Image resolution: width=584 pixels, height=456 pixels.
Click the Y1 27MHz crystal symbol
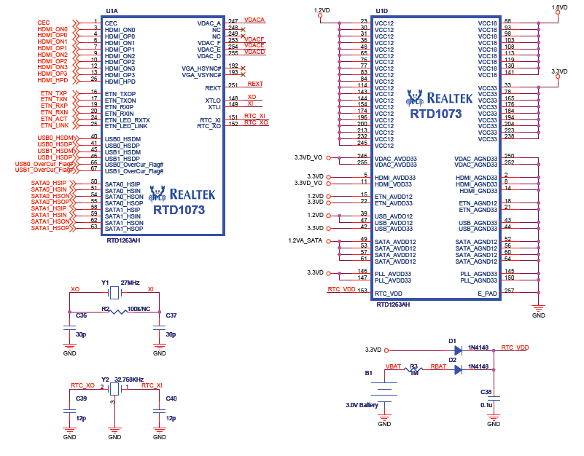(x=114, y=293)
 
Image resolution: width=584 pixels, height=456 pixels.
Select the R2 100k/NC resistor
(x=114, y=310)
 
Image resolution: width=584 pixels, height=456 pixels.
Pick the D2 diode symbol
(x=456, y=369)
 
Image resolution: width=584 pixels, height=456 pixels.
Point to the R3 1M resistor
(x=413, y=369)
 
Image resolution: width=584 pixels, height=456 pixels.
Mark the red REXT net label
(x=255, y=84)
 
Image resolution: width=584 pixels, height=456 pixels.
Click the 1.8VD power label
(x=558, y=7)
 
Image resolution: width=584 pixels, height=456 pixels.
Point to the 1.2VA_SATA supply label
(x=305, y=240)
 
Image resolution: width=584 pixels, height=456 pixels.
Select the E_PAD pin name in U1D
(x=488, y=294)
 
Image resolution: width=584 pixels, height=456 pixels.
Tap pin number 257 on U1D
(x=510, y=291)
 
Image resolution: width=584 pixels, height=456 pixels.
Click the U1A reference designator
(x=112, y=11)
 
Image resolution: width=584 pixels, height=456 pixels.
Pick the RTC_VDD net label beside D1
(x=515, y=348)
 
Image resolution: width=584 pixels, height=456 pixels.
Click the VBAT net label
(x=393, y=366)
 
